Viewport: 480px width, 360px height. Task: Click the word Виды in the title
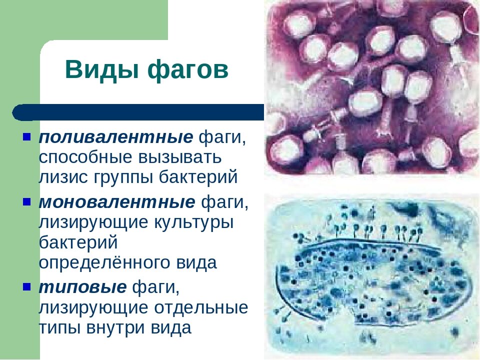tap(101, 70)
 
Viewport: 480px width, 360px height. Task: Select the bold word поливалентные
tap(116, 137)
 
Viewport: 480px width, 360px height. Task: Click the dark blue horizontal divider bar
tap(140, 112)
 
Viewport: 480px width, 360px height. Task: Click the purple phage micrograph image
tap(371, 87)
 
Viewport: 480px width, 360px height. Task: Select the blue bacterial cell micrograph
tap(371, 275)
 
